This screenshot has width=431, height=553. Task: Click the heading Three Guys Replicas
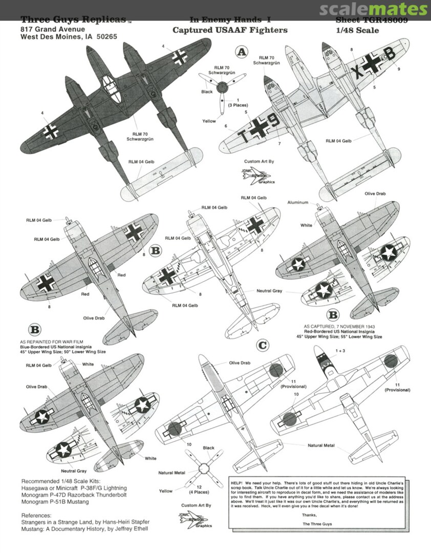(73, 20)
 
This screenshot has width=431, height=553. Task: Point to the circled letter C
(262, 345)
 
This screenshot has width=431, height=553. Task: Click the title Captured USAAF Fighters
(230, 30)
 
